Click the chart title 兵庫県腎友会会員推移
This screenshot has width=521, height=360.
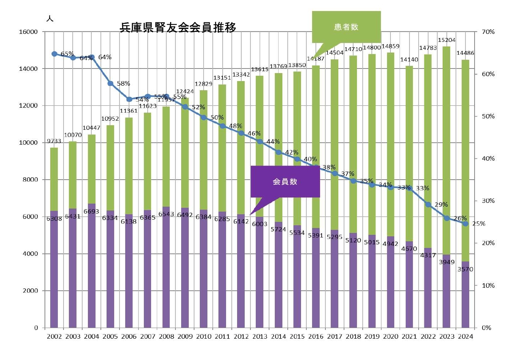178,27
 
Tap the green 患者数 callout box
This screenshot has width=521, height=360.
346,27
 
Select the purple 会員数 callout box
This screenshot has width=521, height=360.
285,182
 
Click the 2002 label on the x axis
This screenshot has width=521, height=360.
54,336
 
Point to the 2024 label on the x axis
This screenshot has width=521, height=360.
465,336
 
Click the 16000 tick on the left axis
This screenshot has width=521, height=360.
28,32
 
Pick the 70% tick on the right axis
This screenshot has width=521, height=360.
488,32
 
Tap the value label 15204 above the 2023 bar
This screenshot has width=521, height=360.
446,40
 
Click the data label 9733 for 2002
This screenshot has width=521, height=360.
54,141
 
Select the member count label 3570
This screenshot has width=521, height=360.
465,269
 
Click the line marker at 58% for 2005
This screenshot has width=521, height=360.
110,83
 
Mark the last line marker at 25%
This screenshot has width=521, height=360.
465,224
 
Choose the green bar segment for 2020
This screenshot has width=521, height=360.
390,145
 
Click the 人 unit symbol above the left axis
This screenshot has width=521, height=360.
49,19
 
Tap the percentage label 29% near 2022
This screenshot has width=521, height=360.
441,205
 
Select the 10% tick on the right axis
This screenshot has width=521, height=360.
488,285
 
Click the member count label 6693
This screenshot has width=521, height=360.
91,211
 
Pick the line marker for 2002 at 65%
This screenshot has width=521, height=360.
54,54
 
